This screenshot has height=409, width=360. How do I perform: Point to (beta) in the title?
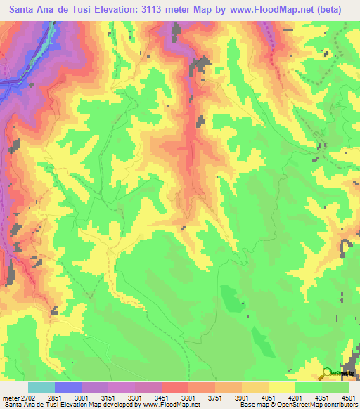click(334, 9)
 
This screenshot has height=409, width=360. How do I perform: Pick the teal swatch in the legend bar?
click(41, 387)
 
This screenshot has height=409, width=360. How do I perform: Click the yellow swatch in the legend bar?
click(282, 387)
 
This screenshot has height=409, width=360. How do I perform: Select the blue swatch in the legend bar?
click(68, 387)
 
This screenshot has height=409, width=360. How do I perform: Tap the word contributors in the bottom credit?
click(336, 405)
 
